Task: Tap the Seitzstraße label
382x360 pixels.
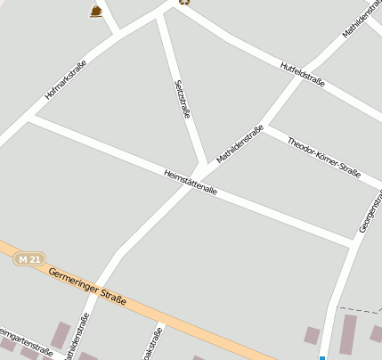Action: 183,99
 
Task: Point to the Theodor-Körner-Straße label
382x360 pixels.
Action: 323,158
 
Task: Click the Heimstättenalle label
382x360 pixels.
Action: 191,182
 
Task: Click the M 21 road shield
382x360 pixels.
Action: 28,258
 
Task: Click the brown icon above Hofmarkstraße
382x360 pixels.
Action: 95,11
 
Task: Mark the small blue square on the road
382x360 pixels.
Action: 322,357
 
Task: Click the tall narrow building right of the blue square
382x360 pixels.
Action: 347,334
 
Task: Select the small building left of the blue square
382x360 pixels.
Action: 312,335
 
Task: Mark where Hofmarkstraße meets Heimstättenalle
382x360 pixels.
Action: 31,116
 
